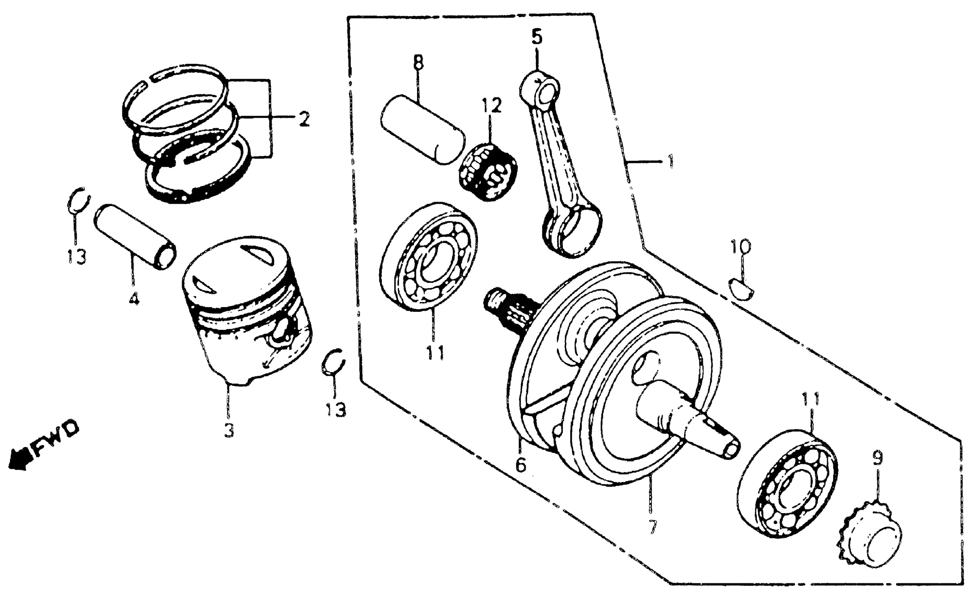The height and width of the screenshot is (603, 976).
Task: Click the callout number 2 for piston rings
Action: pos(304,118)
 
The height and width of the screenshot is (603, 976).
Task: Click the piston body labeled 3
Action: pos(245,311)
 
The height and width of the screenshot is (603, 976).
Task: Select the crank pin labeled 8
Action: pos(423,129)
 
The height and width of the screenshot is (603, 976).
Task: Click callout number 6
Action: pos(521,465)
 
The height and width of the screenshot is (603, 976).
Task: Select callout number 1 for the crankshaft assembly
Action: pos(671,161)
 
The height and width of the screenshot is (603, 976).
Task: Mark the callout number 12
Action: pos(491,106)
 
